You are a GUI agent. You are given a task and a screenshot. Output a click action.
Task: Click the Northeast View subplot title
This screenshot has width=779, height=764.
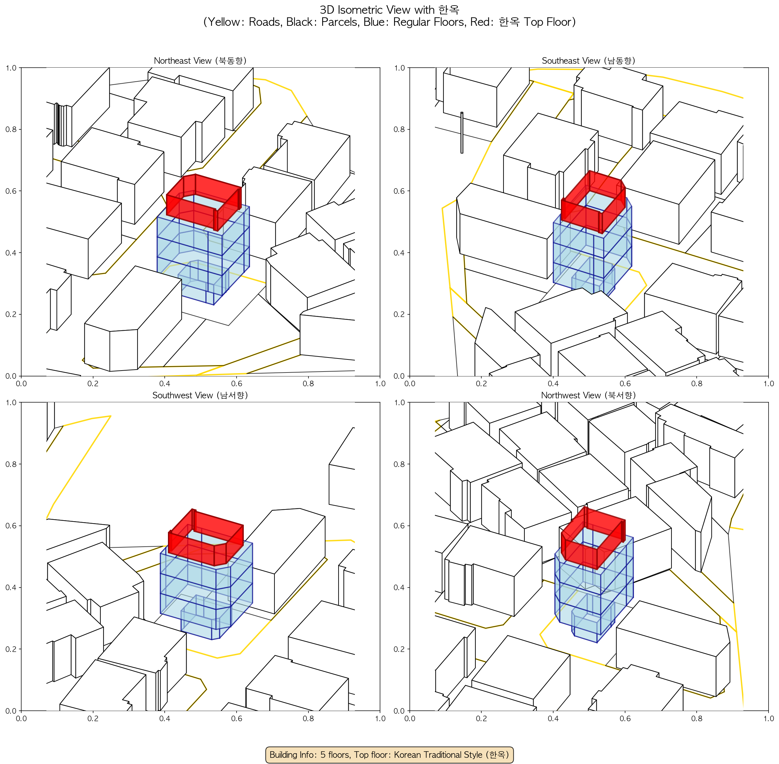(x=200, y=60)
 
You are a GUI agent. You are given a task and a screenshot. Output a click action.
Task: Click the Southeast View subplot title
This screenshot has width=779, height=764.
(x=588, y=60)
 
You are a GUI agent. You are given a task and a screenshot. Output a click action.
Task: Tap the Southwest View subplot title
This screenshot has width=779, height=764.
(x=200, y=395)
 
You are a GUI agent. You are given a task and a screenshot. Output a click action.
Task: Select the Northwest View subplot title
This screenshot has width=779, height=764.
(x=588, y=395)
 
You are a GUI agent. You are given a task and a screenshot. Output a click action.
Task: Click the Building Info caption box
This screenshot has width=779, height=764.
(x=389, y=755)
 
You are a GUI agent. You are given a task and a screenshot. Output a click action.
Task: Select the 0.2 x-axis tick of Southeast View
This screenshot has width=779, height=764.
(x=481, y=384)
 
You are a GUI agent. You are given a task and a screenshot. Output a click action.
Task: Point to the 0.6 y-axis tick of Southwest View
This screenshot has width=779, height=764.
(x=11, y=526)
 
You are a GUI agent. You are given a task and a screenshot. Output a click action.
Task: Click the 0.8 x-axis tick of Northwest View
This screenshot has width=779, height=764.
(x=697, y=718)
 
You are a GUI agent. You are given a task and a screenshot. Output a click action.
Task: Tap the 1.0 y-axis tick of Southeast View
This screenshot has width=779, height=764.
(x=400, y=68)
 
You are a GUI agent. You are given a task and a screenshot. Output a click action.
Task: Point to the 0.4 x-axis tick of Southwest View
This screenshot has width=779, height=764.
(x=165, y=718)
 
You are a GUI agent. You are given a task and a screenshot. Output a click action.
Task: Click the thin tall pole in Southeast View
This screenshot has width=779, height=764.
(x=461, y=132)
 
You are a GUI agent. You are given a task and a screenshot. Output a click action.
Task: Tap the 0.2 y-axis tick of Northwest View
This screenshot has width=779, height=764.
(x=400, y=649)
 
